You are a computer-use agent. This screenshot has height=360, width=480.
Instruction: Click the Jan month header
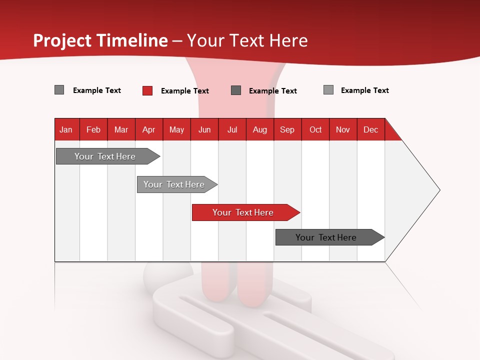tap(66, 129)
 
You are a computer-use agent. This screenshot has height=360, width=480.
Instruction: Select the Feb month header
tap(93, 129)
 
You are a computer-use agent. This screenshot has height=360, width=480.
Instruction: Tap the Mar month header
tap(121, 129)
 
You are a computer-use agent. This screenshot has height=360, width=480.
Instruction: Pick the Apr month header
tap(149, 129)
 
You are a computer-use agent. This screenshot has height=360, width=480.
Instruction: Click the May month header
tap(176, 129)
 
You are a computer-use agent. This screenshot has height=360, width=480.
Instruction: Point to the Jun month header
tap(204, 129)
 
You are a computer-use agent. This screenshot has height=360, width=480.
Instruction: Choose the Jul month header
tap(232, 129)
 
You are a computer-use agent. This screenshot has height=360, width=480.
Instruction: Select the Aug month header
tap(260, 129)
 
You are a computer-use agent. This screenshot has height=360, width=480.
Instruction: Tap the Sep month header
tap(287, 129)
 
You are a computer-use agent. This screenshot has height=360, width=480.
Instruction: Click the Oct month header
tap(315, 129)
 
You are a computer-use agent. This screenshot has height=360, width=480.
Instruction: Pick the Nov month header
tap(343, 129)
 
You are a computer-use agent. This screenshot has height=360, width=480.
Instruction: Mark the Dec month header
tap(371, 129)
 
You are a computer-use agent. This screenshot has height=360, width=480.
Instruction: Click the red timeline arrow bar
tap(245, 212)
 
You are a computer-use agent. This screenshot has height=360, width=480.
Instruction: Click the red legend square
tap(147, 90)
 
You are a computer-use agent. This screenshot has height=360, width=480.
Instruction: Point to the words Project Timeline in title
tap(100, 40)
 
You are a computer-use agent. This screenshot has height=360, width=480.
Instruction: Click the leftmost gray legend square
tap(59, 90)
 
